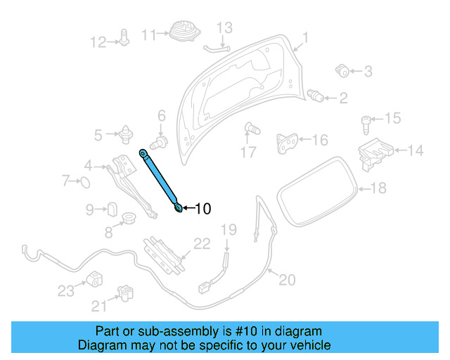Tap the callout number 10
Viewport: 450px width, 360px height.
202,209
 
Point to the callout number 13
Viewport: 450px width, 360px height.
224,28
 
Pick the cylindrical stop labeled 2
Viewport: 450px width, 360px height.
316,96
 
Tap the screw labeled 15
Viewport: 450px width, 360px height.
367,125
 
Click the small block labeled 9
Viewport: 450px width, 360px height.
110,209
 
